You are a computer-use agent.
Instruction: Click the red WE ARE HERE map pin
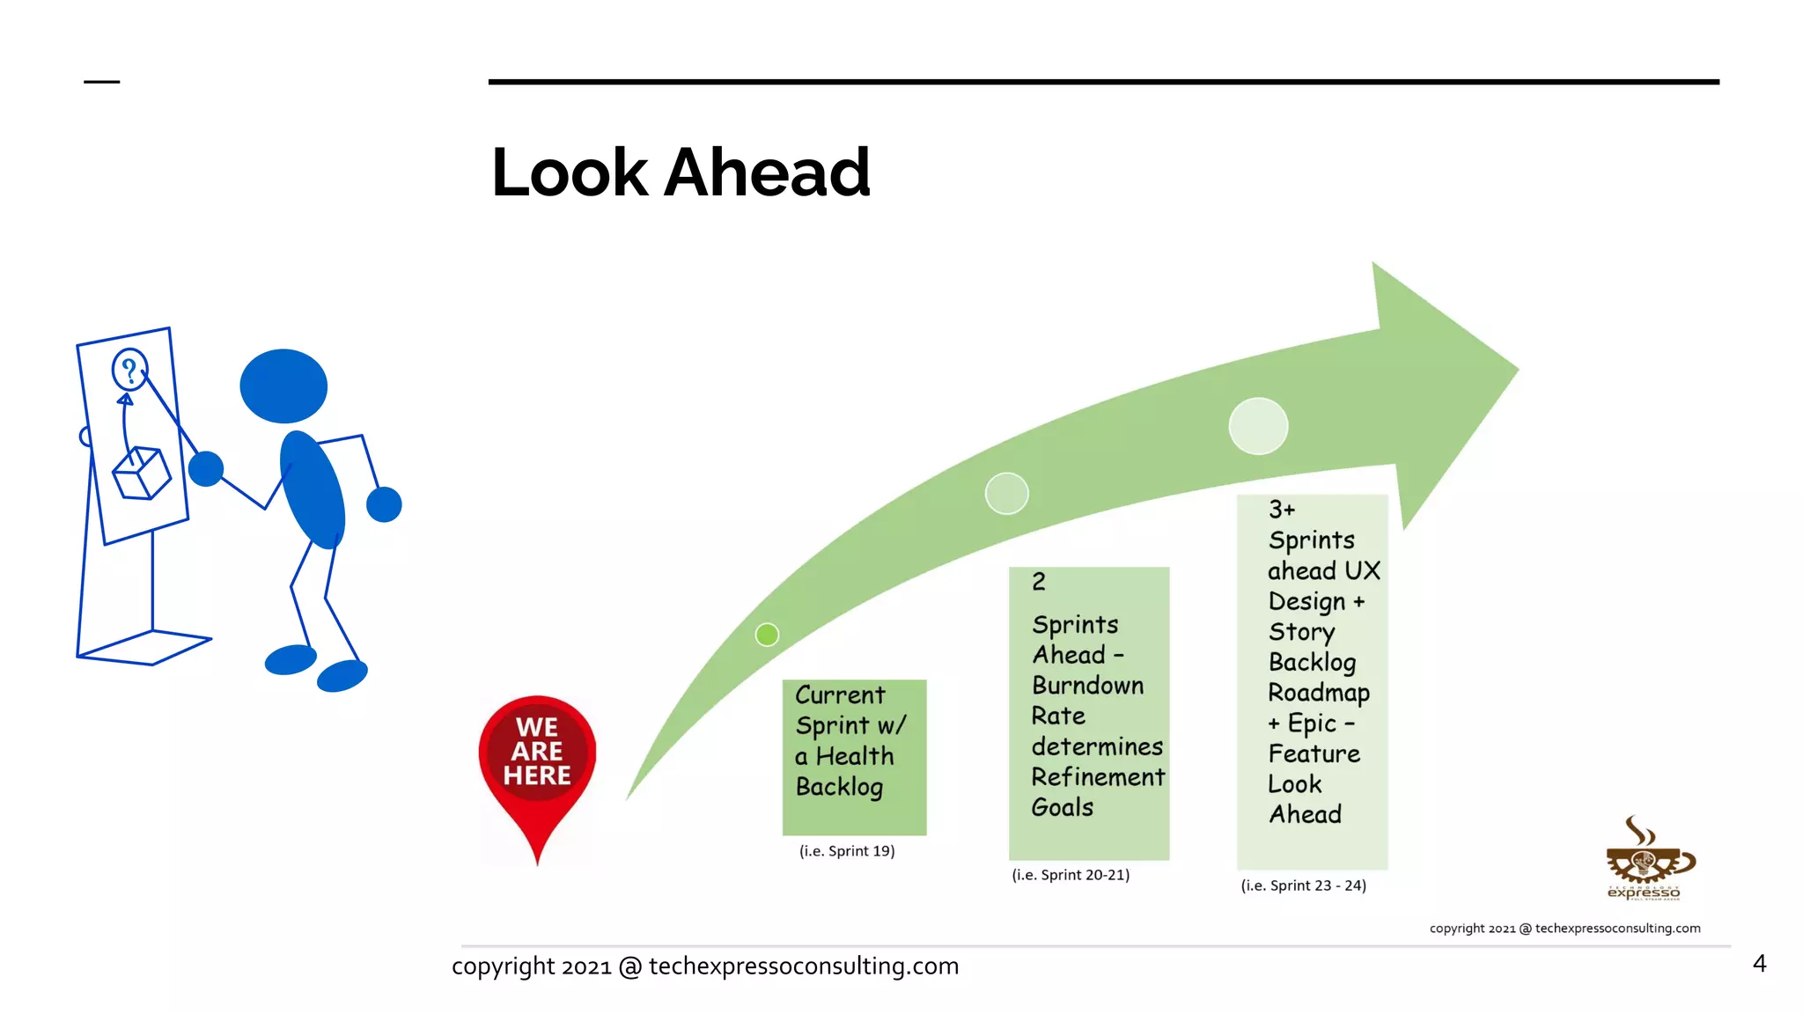(x=537, y=757)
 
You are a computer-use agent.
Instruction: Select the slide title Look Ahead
(x=681, y=173)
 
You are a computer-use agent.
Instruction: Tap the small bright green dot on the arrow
(x=767, y=635)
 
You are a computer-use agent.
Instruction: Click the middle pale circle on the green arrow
(x=1006, y=494)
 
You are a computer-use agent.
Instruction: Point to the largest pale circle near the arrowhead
(x=1258, y=426)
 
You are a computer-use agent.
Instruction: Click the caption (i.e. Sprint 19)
(x=847, y=851)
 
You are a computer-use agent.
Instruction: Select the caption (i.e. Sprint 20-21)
(x=1071, y=875)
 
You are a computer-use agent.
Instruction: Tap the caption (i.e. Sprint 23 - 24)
(x=1303, y=885)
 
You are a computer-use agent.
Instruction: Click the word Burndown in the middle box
(x=1087, y=686)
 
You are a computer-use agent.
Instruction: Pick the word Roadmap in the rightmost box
(x=1318, y=693)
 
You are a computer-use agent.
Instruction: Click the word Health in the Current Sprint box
(x=854, y=756)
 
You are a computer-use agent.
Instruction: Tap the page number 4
(x=1759, y=964)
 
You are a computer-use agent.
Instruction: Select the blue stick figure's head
(x=283, y=386)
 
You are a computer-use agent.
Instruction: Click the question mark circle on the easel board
(x=129, y=370)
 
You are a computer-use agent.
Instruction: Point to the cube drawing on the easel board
(x=141, y=474)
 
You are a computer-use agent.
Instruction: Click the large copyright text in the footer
(x=704, y=966)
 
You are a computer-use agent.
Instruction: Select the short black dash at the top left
(x=101, y=82)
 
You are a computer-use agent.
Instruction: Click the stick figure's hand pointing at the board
(x=206, y=469)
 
